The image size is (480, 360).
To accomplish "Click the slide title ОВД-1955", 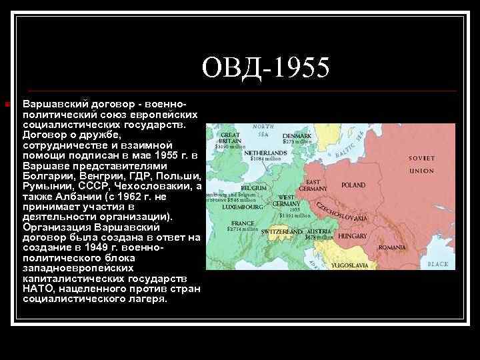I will click(266, 67).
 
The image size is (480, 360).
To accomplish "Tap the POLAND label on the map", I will click(353, 185).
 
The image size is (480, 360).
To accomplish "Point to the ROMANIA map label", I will click(392, 247).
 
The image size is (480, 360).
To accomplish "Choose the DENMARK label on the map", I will click(296, 135).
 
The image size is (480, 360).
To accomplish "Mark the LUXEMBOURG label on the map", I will click(227, 207).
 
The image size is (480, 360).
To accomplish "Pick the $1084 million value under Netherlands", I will click(264, 159).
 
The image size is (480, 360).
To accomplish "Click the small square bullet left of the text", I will click(6, 105).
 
